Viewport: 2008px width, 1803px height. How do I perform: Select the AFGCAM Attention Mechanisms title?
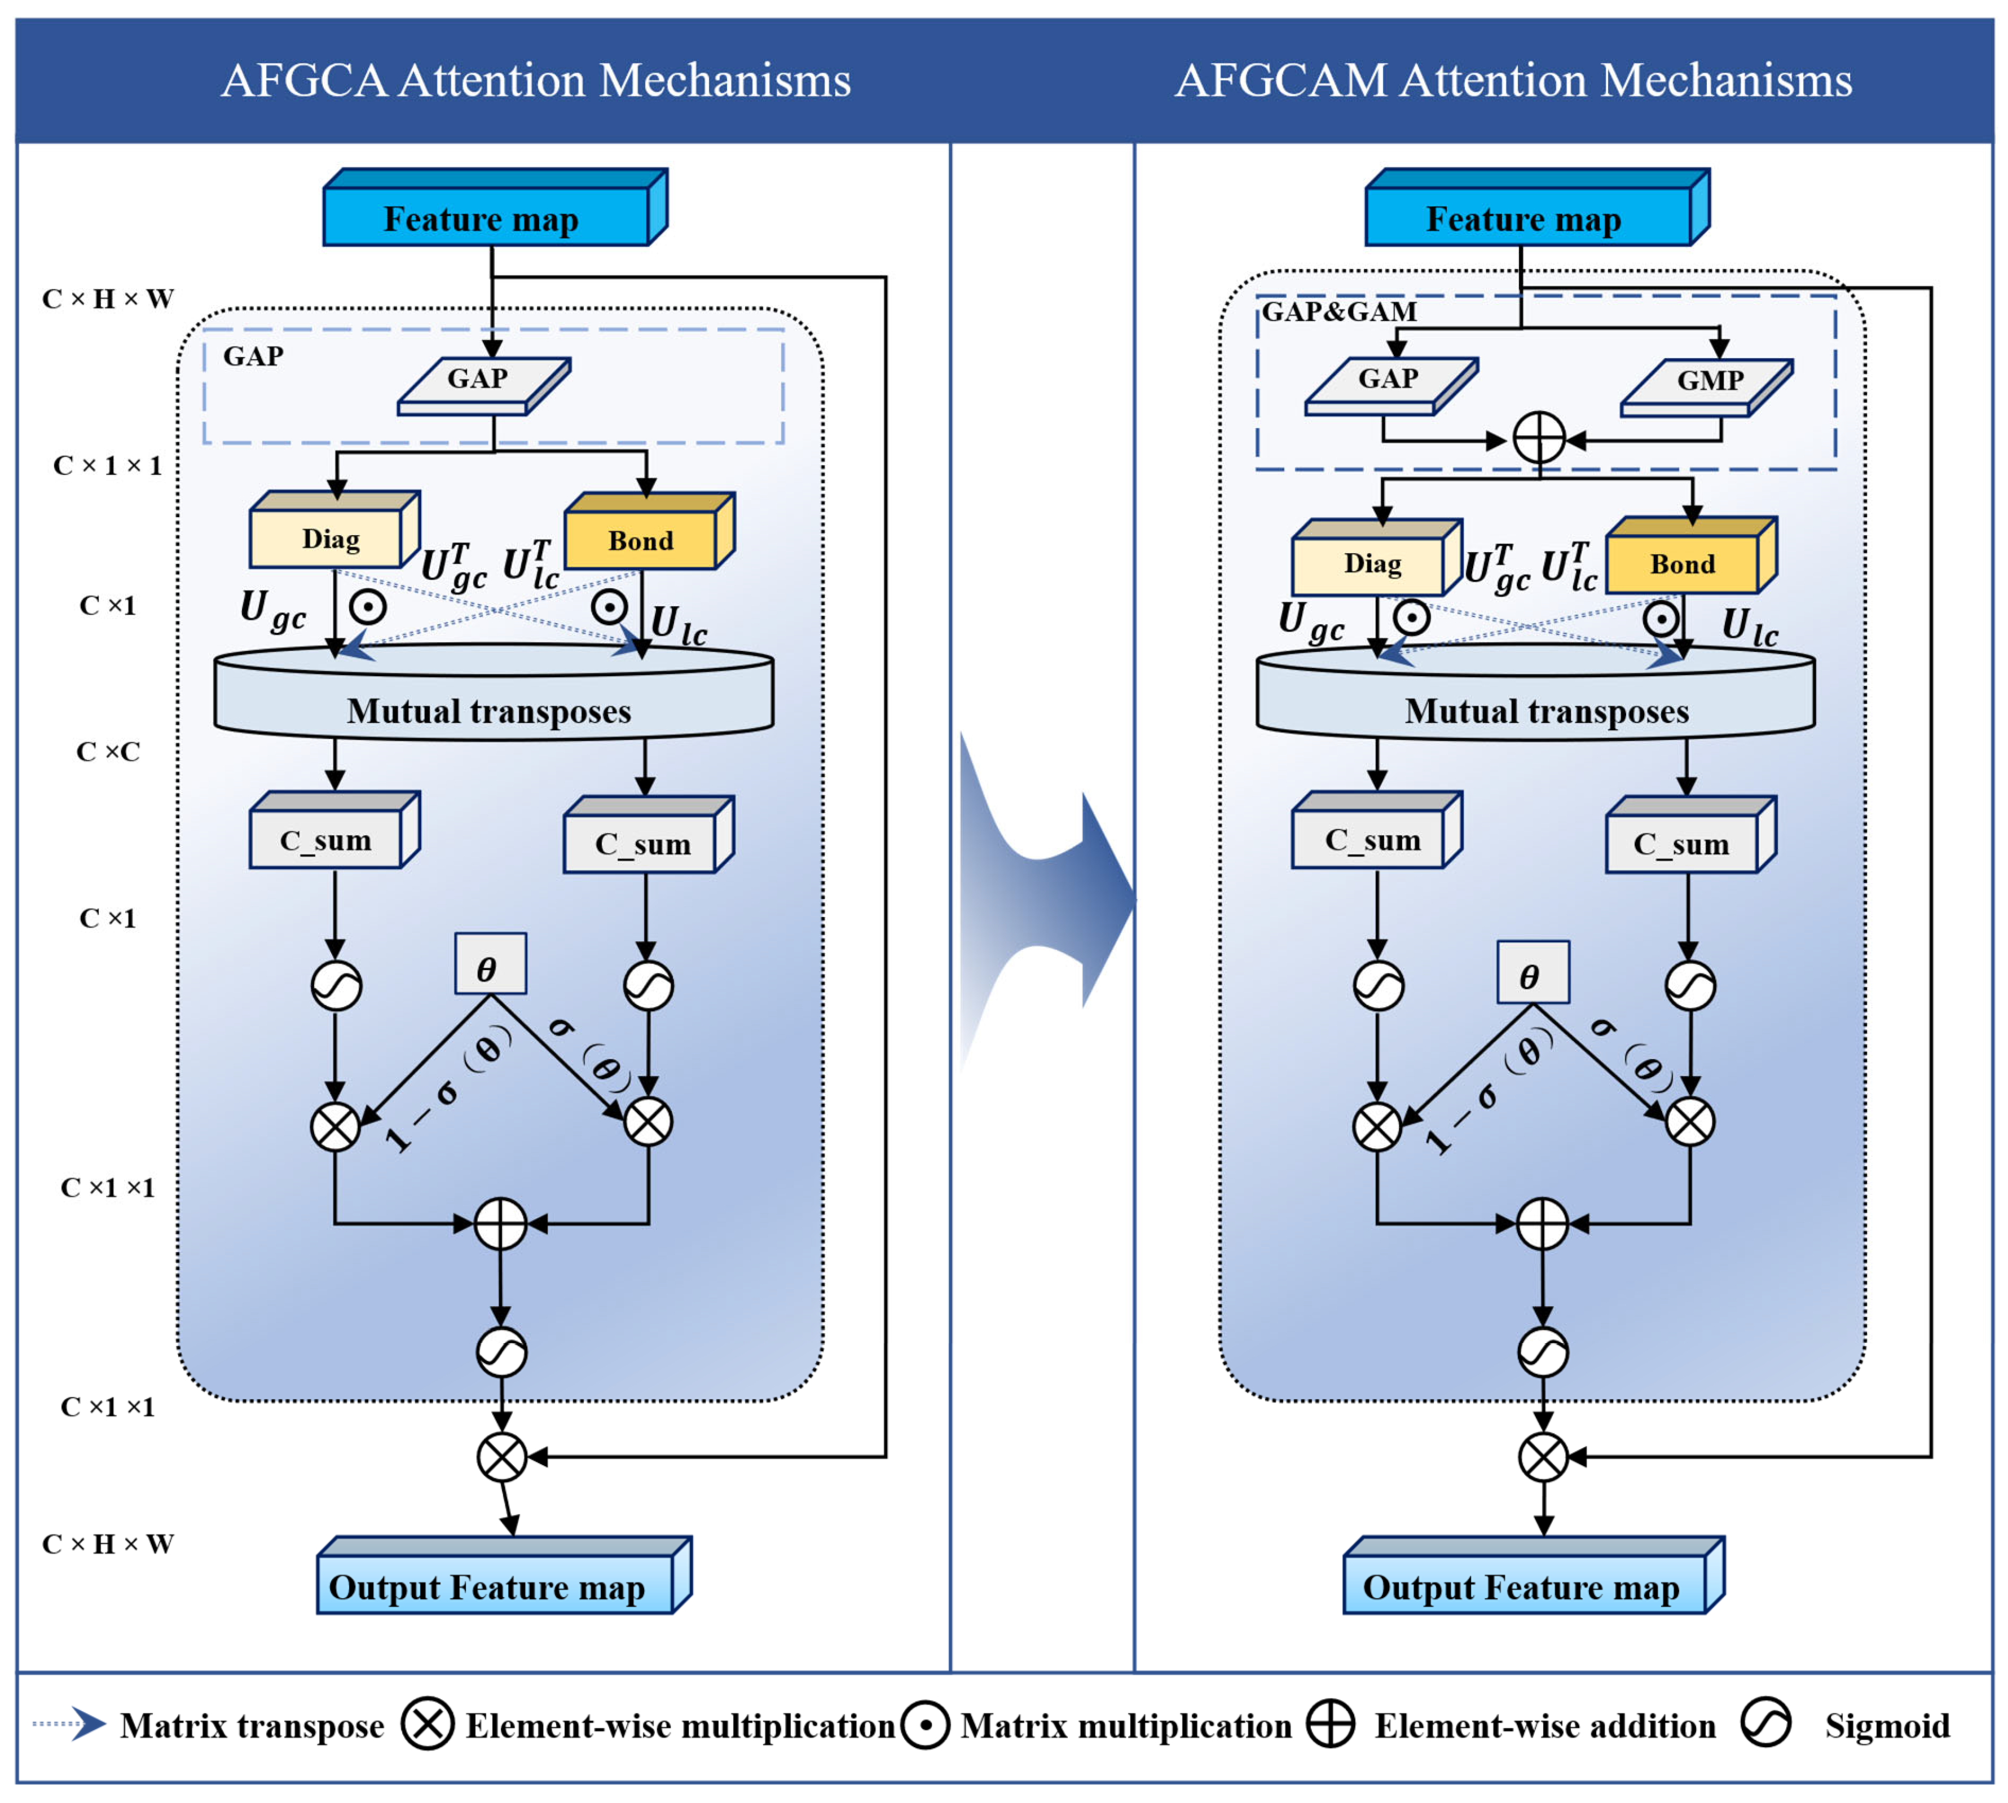click(x=1513, y=80)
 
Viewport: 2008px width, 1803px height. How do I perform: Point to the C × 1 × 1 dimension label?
click(x=107, y=466)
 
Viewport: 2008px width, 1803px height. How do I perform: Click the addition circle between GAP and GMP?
click(x=1539, y=438)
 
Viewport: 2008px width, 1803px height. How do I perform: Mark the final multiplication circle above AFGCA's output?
click(x=501, y=1456)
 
